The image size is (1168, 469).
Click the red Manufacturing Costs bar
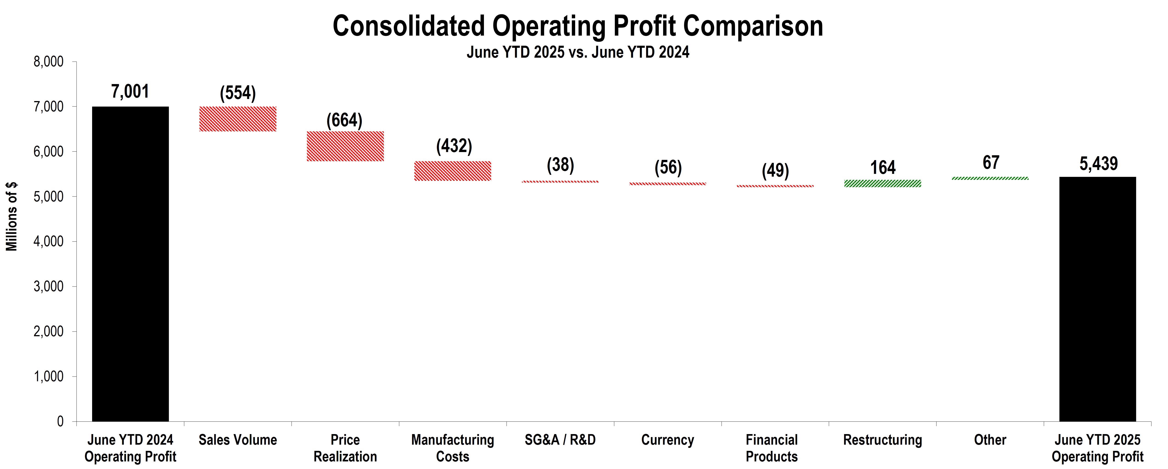tap(452, 171)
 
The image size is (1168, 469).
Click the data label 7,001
tap(130, 92)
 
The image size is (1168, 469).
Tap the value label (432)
tap(454, 146)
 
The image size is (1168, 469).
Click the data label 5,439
tap(1098, 164)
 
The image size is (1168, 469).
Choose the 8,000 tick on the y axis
tap(48, 62)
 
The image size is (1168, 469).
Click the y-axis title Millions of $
tap(11, 216)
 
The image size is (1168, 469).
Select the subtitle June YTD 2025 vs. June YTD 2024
tap(578, 52)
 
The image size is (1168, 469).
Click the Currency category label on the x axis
tap(667, 440)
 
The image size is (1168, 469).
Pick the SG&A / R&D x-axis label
tap(560, 440)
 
